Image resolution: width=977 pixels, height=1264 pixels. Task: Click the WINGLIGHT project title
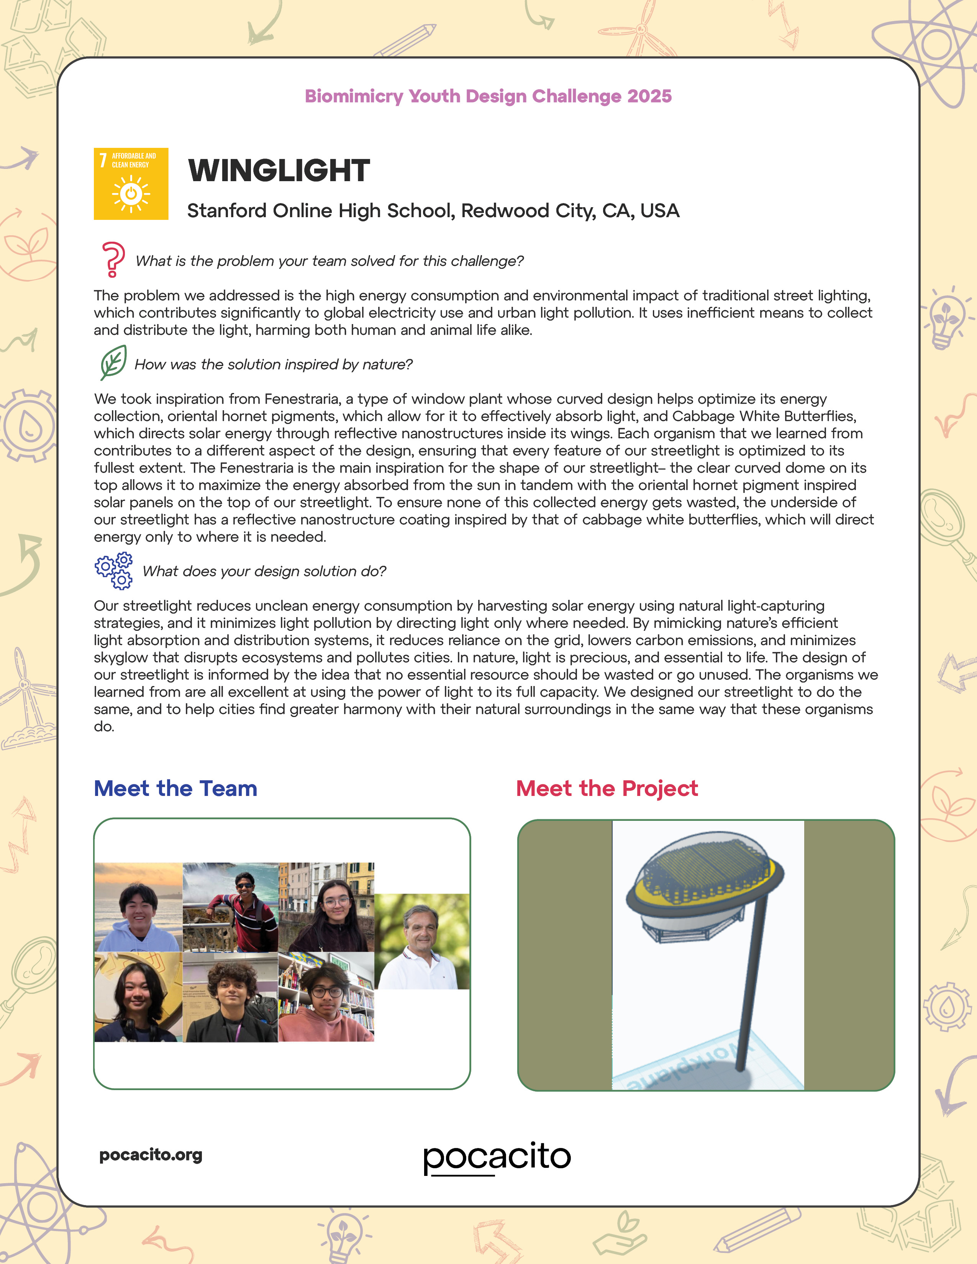point(279,171)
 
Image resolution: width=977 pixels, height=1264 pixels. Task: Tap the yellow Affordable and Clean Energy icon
point(131,184)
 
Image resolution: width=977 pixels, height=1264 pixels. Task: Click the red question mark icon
point(113,259)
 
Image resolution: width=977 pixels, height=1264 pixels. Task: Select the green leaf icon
point(113,362)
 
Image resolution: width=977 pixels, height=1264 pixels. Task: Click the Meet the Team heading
point(175,788)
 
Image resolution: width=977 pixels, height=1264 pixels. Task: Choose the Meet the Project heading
point(607,788)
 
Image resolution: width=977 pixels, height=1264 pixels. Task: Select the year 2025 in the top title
point(649,96)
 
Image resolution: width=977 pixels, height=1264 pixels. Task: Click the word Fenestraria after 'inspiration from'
point(302,400)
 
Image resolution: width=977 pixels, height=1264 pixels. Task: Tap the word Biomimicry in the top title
point(354,96)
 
